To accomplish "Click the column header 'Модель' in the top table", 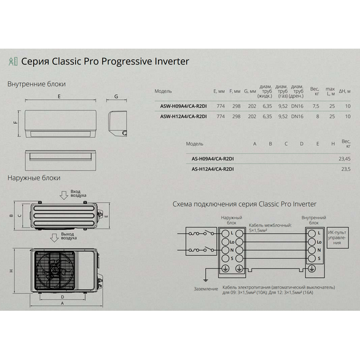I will (163, 91).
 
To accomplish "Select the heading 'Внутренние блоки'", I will (36, 83).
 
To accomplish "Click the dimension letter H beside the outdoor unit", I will (11, 270).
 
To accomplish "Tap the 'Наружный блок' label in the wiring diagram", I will (231, 220).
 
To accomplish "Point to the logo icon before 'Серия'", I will (13, 62).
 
